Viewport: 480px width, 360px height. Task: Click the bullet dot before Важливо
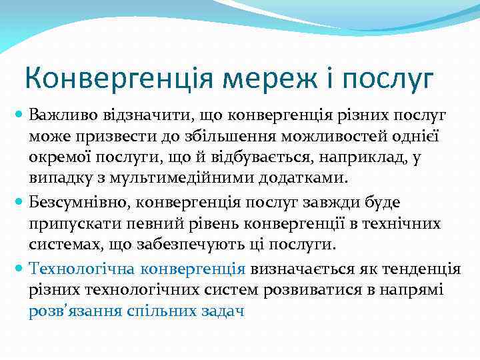19,115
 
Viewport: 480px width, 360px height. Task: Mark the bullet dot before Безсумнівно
19,201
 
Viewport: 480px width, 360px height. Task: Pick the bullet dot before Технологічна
19,269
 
